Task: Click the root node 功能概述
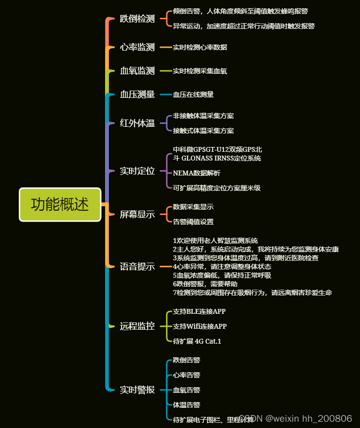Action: tap(60, 204)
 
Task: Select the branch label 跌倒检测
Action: tap(137, 19)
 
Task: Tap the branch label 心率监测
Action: tap(137, 47)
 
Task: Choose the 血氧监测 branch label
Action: tap(137, 71)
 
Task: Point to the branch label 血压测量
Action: tap(137, 94)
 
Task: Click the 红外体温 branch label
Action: tap(137, 123)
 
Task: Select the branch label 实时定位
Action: tap(137, 171)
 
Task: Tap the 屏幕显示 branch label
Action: tap(137, 214)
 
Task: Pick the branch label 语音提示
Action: tap(137, 267)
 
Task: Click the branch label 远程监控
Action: tap(137, 326)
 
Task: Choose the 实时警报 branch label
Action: tap(137, 389)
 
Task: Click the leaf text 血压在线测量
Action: tap(193, 94)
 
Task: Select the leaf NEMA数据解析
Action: tap(197, 173)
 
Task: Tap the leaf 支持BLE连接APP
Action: tap(200, 311)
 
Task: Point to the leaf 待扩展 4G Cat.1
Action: tap(197, 341)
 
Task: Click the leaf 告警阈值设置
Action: tap(193, 222)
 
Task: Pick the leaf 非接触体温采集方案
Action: tap(203, 116)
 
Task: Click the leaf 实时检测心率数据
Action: tap(200, 47)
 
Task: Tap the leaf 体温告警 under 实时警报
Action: tap(187, 404)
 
